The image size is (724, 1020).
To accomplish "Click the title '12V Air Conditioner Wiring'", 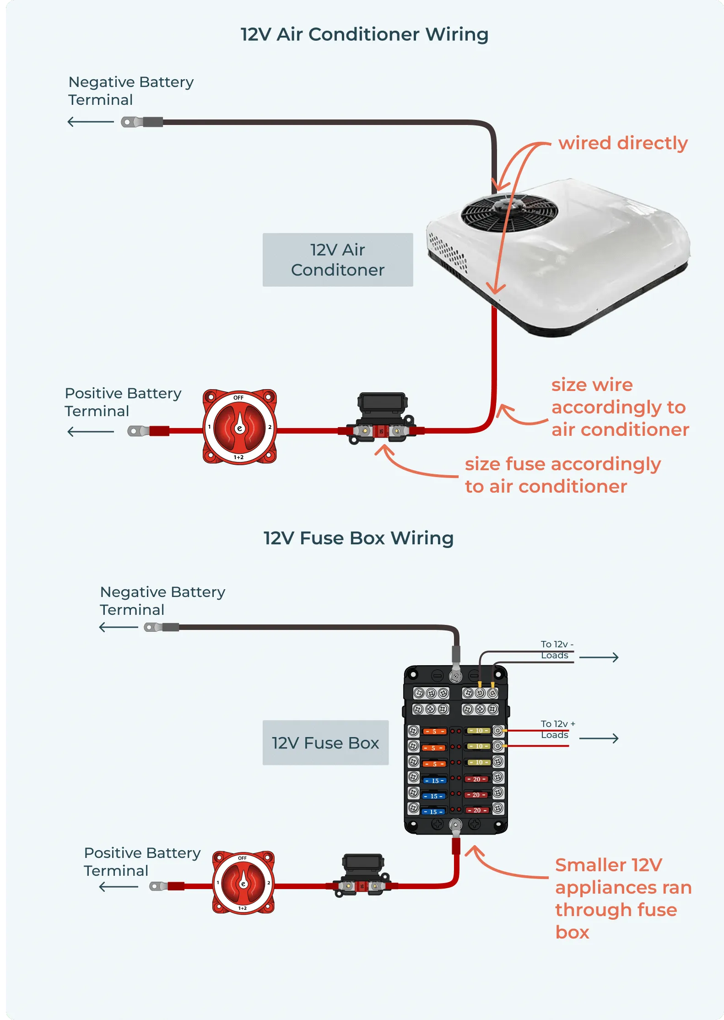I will pos(364,34).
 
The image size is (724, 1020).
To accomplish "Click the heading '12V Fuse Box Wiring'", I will pos(358,538).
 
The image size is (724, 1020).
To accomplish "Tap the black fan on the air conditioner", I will pos(509,213).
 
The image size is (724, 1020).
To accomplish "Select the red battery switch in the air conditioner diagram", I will pos(239,427).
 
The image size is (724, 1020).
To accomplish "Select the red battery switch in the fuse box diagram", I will pos(243,882).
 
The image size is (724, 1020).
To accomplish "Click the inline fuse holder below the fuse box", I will pos(362,875).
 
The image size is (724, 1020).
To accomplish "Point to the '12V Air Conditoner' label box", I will pos(338,260).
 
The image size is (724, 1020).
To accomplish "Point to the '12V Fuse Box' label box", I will pos(325,743).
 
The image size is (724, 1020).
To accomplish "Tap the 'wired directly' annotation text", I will pos(623,143).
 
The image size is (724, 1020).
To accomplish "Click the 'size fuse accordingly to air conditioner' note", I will pos(562,475).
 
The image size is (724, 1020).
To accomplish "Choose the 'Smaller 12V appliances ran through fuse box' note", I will pos(622,898).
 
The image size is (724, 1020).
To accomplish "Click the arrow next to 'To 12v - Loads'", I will pos(599,657).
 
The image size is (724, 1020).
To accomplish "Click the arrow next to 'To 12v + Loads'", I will pos(599,738).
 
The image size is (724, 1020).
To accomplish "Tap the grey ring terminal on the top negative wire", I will pos(130,122).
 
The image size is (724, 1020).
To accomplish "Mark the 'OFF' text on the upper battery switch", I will pos(238,397).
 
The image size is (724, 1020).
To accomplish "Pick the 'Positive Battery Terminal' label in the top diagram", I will pos(123,402).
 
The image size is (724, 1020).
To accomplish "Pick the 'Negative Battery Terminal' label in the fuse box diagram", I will pos(162,601).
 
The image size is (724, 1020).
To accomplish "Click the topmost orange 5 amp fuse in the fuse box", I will pos(434,731).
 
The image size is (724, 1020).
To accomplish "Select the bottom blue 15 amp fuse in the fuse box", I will pos(433,812).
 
